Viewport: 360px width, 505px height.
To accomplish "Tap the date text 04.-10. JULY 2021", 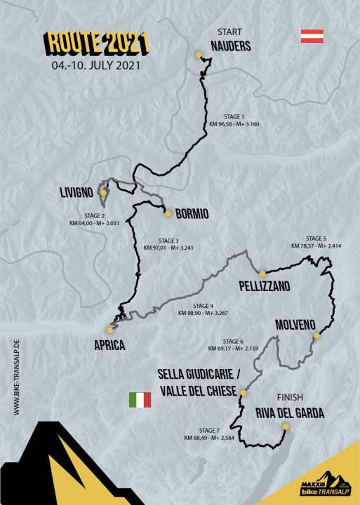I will (x=96, y=67).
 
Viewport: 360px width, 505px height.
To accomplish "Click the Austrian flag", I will (x=311, y=36).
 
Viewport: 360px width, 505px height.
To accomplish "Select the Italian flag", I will (x=140, y=400).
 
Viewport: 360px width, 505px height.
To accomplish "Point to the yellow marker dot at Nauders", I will (x=199, y=54).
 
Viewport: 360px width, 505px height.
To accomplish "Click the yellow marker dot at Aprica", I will (x=108, y=329).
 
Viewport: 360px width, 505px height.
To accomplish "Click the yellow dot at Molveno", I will (x=316, y=337).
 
